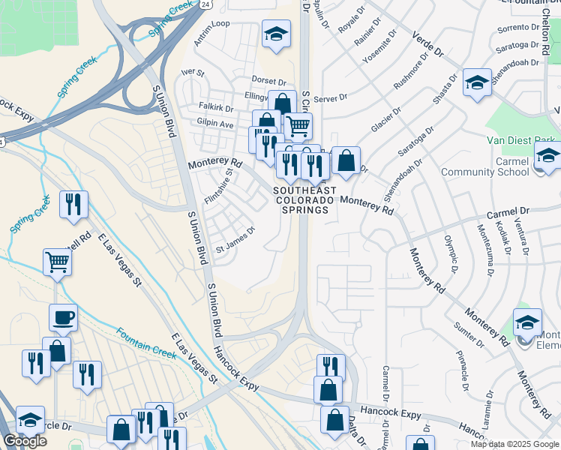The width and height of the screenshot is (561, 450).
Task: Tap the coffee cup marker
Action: click(x=63, y=318)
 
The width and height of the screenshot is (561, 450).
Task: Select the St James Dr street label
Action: click(x=236, y=245)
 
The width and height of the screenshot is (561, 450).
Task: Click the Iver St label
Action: click(x=193, y=72)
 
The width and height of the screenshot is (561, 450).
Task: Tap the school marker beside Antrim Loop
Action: click(x=275, y=35)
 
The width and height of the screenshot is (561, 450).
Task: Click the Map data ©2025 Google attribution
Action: click(x=515, y=444)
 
